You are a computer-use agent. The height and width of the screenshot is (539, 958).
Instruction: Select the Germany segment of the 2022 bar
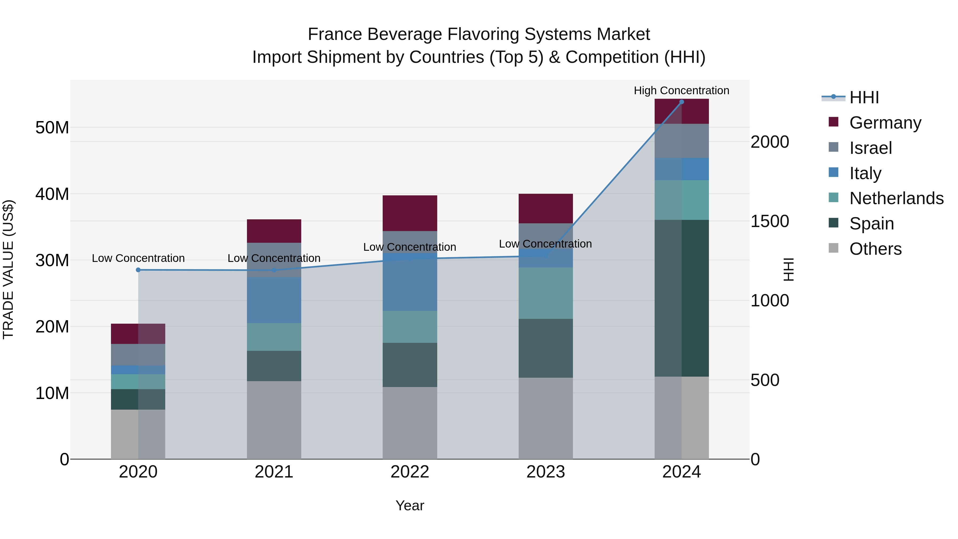[410, 213]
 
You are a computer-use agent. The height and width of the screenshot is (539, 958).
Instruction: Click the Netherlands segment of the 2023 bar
[545, 293]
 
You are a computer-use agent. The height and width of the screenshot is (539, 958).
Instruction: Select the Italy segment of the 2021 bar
[274, 300]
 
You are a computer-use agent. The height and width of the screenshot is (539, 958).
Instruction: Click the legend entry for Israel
[870, 148]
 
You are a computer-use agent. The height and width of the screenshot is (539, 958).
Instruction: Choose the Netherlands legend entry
[896, 198]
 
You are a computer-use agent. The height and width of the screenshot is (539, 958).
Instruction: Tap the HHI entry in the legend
[864, 97]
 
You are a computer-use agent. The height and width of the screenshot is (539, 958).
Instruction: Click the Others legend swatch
[833, 248]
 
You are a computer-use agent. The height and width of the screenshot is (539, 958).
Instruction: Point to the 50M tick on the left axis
[52, 127]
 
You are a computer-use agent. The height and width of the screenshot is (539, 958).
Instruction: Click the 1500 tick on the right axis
[769, 221]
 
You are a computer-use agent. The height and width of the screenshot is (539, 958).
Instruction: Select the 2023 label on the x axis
[545, 472]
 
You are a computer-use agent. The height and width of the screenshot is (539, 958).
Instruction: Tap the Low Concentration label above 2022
[410, 247]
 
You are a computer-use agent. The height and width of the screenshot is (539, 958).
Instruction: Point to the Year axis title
[410, 505]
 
